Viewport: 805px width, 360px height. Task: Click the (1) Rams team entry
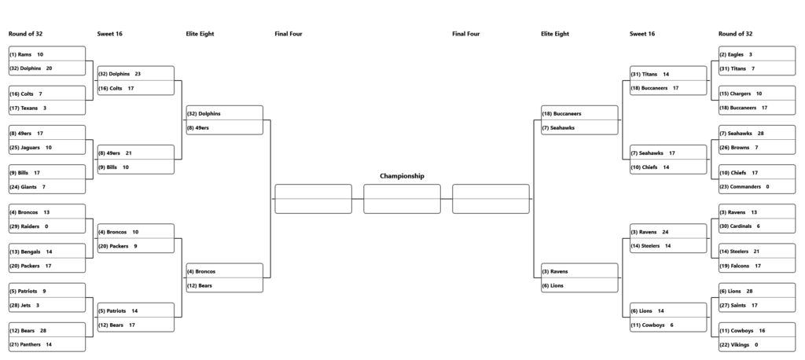pos(20,54)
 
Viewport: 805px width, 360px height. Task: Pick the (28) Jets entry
pos(20,306)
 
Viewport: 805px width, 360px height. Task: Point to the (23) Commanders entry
pos(741,187)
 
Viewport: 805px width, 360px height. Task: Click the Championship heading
pos(402,176)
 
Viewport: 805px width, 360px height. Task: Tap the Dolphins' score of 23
pos(138,74)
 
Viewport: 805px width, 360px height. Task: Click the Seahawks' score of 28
pos(760,134)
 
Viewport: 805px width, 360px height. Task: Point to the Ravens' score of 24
pos(665,232)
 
